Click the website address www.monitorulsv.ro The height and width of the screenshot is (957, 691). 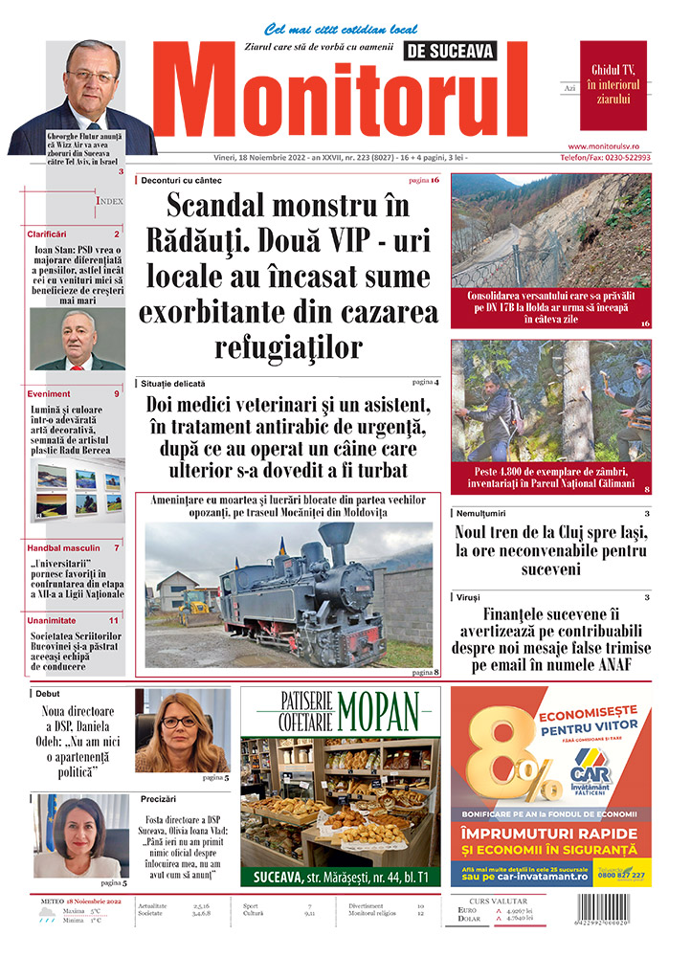(615, 145)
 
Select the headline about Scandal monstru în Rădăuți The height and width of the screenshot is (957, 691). (288, 275)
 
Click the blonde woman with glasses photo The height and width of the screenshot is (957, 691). (182, 729)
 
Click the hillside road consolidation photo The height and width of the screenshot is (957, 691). (550, 230)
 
